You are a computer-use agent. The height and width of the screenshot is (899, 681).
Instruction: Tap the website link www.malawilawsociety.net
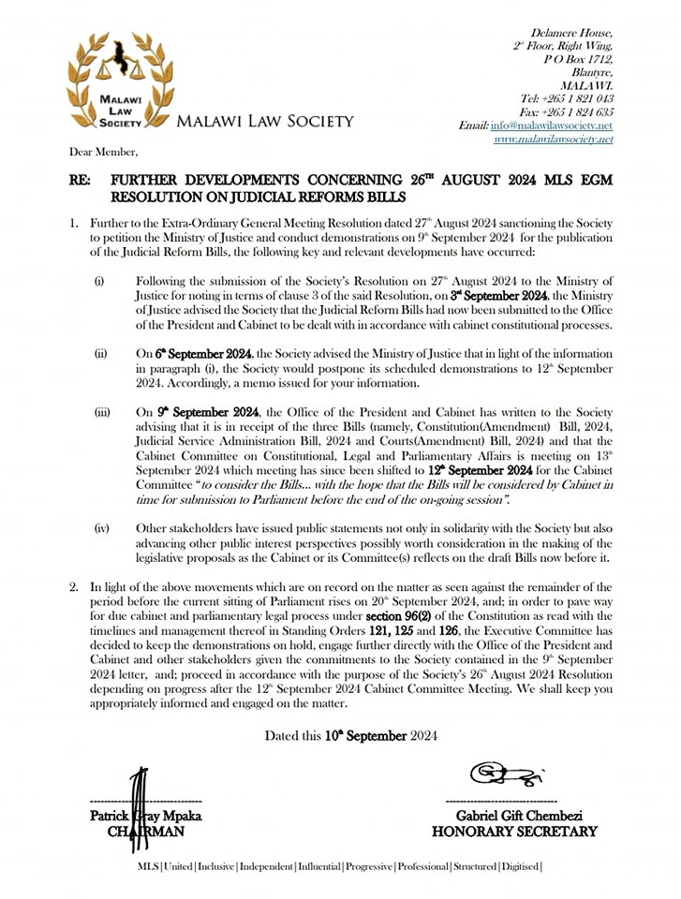click(553, 139)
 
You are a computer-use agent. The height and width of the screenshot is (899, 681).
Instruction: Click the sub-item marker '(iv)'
click(101, 529)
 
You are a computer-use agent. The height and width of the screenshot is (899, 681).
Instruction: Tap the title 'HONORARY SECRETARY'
click(514, 831)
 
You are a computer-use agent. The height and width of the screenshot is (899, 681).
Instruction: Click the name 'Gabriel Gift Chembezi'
click(514, 816)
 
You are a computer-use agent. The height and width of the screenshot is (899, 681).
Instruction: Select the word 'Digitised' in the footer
click(518, 866)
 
